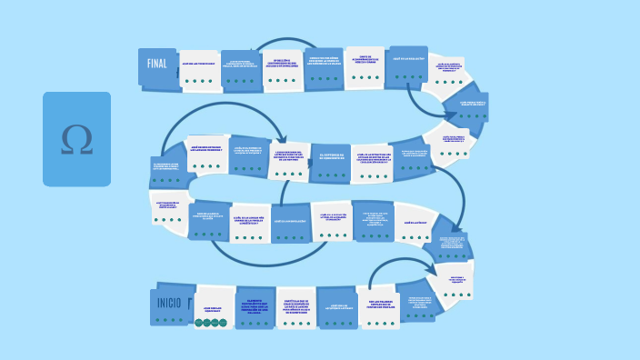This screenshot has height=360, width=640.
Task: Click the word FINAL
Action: click(x=158, y=65)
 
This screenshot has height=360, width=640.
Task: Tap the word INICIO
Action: click(x=169, y=304)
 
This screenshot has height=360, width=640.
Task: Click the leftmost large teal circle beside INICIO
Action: click(x=201, y=322)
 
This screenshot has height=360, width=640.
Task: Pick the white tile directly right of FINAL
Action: click(x=199, y=71)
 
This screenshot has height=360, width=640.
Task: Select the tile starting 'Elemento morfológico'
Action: click(x=258, y=306)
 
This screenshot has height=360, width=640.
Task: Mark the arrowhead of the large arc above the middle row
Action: click(x=286, y=136)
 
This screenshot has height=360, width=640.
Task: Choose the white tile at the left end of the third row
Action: click(x=169, y=208)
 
